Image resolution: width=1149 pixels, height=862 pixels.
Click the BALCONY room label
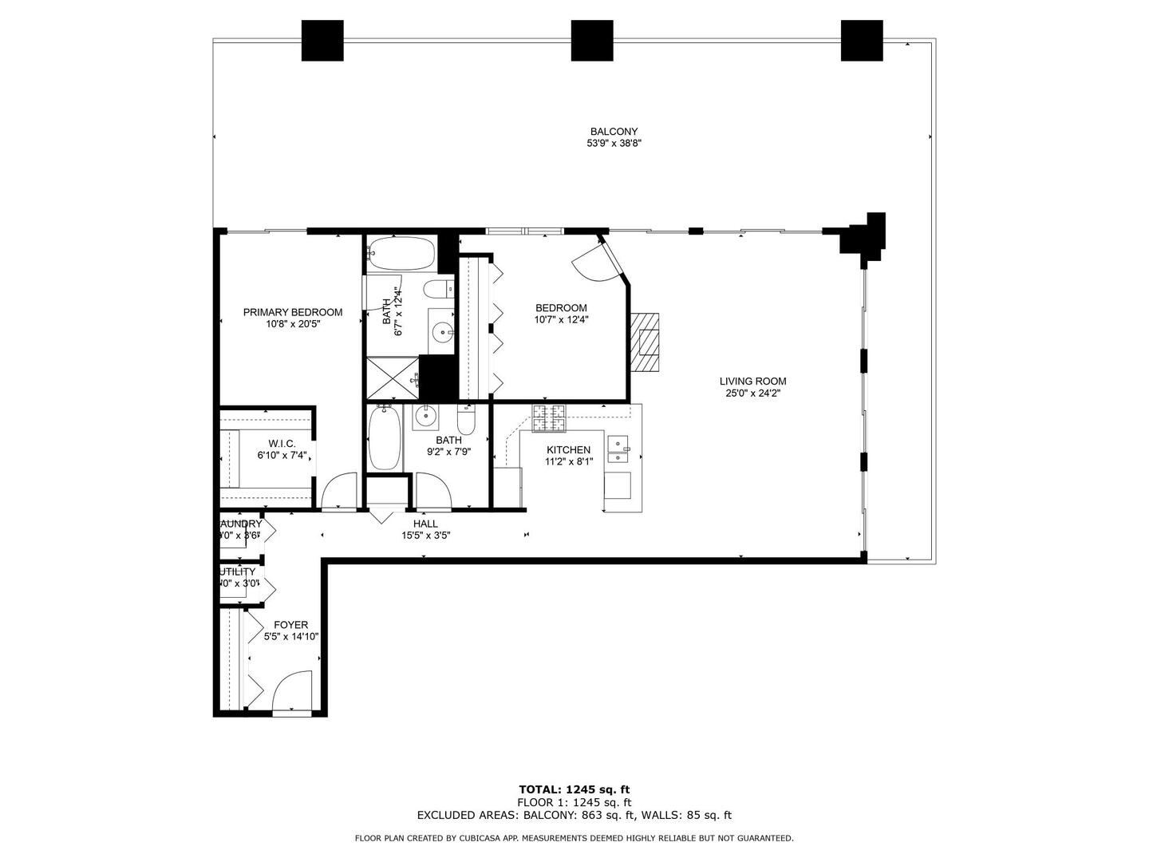(x=614, y=132)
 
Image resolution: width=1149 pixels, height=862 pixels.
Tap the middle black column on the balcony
(x=592, y=41)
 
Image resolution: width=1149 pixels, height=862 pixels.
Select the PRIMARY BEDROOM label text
(x=293, y=312)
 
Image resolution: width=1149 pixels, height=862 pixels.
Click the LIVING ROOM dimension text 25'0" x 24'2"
(x=752, y=393)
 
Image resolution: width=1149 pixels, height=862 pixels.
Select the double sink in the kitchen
(x=619, y=449)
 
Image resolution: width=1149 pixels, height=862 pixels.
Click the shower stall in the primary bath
(x=392, y=378)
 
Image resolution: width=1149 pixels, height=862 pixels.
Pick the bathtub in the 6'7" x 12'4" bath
(x=402, y=254)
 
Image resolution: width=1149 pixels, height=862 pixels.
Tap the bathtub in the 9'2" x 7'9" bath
(x=385, y=439)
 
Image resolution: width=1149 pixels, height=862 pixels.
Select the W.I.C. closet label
(x=282, y=444)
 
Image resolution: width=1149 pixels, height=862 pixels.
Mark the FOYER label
(x=290, y=625)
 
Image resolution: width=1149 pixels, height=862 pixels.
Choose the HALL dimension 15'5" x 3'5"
(x=426, y=536)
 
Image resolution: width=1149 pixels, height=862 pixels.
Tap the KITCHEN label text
(x=568, y=450)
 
